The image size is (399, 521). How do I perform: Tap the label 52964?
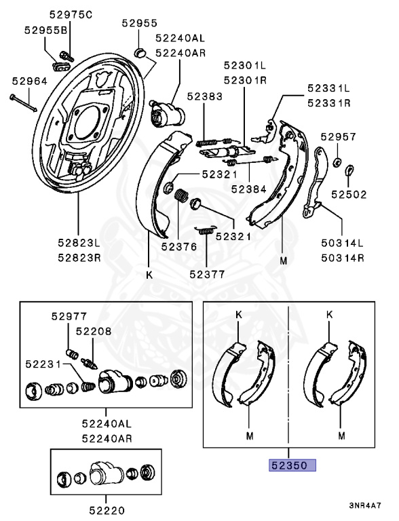pos(30,81)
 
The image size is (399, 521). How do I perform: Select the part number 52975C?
pos(71,15)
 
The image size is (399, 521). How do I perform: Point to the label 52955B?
pos(45,31)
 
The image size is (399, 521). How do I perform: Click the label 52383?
pos(204,96)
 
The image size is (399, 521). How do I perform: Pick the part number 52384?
pos(249,189)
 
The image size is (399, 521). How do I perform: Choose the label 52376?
pos(179,246)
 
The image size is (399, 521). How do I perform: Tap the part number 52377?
pos(207,274)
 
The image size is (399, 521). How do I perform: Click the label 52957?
pos(338,136)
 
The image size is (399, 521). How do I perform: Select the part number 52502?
pos(349,195)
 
